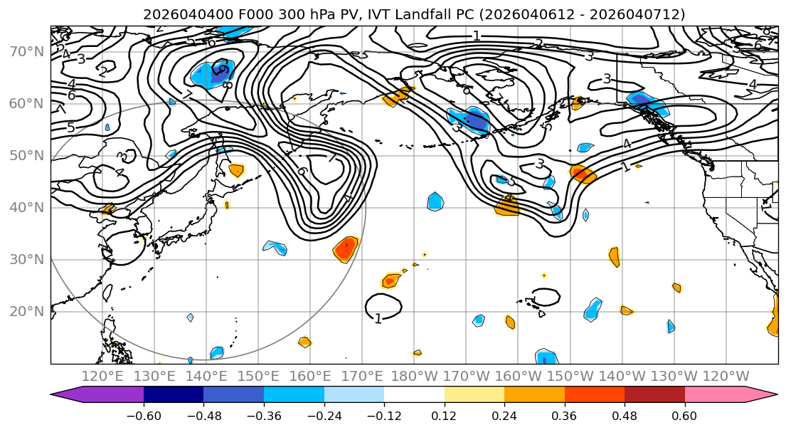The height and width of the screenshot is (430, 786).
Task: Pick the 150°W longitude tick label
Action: [569, 376]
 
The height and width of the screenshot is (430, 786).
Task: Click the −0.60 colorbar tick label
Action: [144, 415]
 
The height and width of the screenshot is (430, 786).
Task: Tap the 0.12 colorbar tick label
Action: [444, 415]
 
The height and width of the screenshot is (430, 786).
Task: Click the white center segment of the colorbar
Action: [414, 396]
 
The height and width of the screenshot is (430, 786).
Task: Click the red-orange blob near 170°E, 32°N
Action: [346, 248]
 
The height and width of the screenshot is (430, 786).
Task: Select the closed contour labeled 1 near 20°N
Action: [383, 307]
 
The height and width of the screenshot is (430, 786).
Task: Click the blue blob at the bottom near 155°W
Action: [546, 358]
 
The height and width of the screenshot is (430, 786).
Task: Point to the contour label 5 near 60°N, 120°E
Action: [70, 128]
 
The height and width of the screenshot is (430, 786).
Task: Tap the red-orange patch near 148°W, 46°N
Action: [583, 174]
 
